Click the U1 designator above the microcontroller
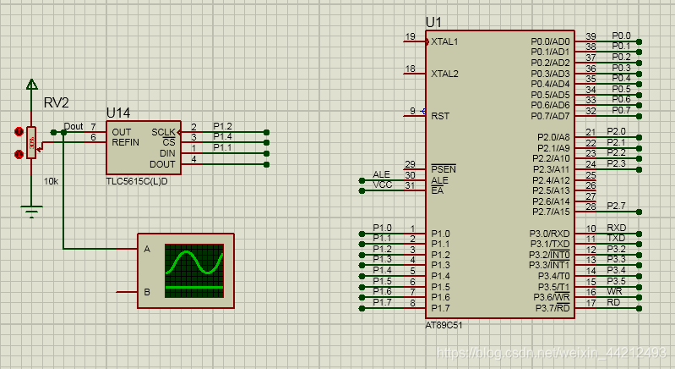coord(433,21)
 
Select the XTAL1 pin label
coord(444,41)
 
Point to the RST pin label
coord(440,115)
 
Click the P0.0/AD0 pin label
coord(551,41)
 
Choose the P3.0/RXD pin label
coord(551,233)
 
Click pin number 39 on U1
coord(591,36)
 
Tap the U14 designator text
coord(118,113)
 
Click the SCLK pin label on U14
coord(163,132)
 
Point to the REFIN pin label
coord(125,142)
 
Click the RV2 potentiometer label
coord(56,103)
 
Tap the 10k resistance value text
coord(51,182)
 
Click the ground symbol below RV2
coord(32,212)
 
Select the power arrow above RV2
coord(32,84)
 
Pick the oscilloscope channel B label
coord(147,292)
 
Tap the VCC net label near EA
coord(382,184)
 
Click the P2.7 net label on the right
coord(616,207)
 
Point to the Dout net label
coord(73,127)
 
